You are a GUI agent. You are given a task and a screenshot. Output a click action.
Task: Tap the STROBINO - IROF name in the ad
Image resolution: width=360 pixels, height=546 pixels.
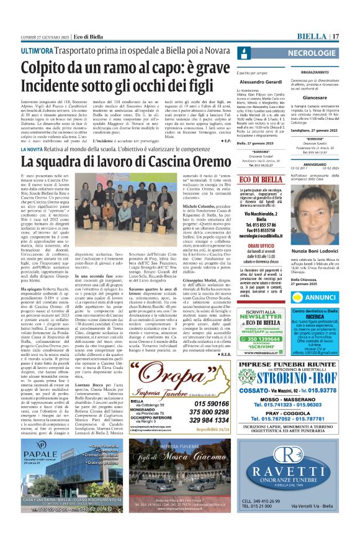308,376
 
